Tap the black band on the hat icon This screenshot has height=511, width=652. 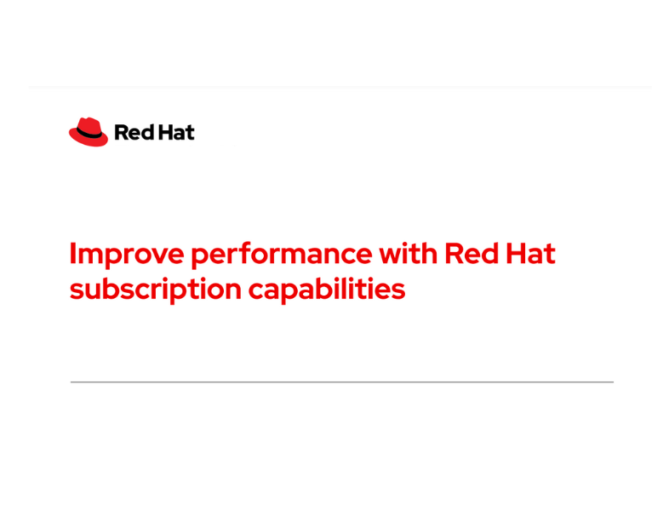click(89, 134)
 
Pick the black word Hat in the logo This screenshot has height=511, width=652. click(177, 132)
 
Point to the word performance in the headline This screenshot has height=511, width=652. click(281, 254)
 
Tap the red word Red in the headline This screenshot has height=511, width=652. click(471, 254)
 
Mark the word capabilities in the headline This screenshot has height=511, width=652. click(326, 290)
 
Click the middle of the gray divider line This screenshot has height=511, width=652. click(341, 382)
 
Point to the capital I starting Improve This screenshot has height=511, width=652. click(73, 254)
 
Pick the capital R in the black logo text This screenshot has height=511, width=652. click(120, 132)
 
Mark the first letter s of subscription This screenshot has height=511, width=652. click(76, 291)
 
